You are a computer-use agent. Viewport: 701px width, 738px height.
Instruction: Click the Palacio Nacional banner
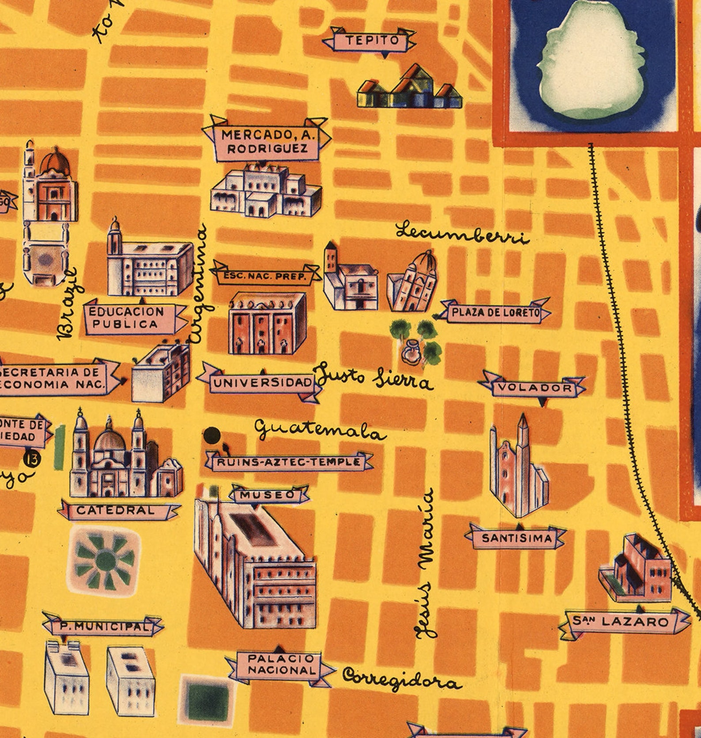(x=281, y=665)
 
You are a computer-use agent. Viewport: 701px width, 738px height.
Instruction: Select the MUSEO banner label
(x=268, y=495)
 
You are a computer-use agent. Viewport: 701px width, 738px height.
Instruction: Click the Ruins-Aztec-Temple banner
(x=289, y=463)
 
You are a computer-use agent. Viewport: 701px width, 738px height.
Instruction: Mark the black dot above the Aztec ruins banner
(x=212, y=435)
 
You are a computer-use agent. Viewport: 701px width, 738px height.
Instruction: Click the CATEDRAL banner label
(x=116, y=511)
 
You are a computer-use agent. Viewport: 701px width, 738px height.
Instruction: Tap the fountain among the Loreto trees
(x=411, y=351)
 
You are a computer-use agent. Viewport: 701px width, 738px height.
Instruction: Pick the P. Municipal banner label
(x=102, y=626)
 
